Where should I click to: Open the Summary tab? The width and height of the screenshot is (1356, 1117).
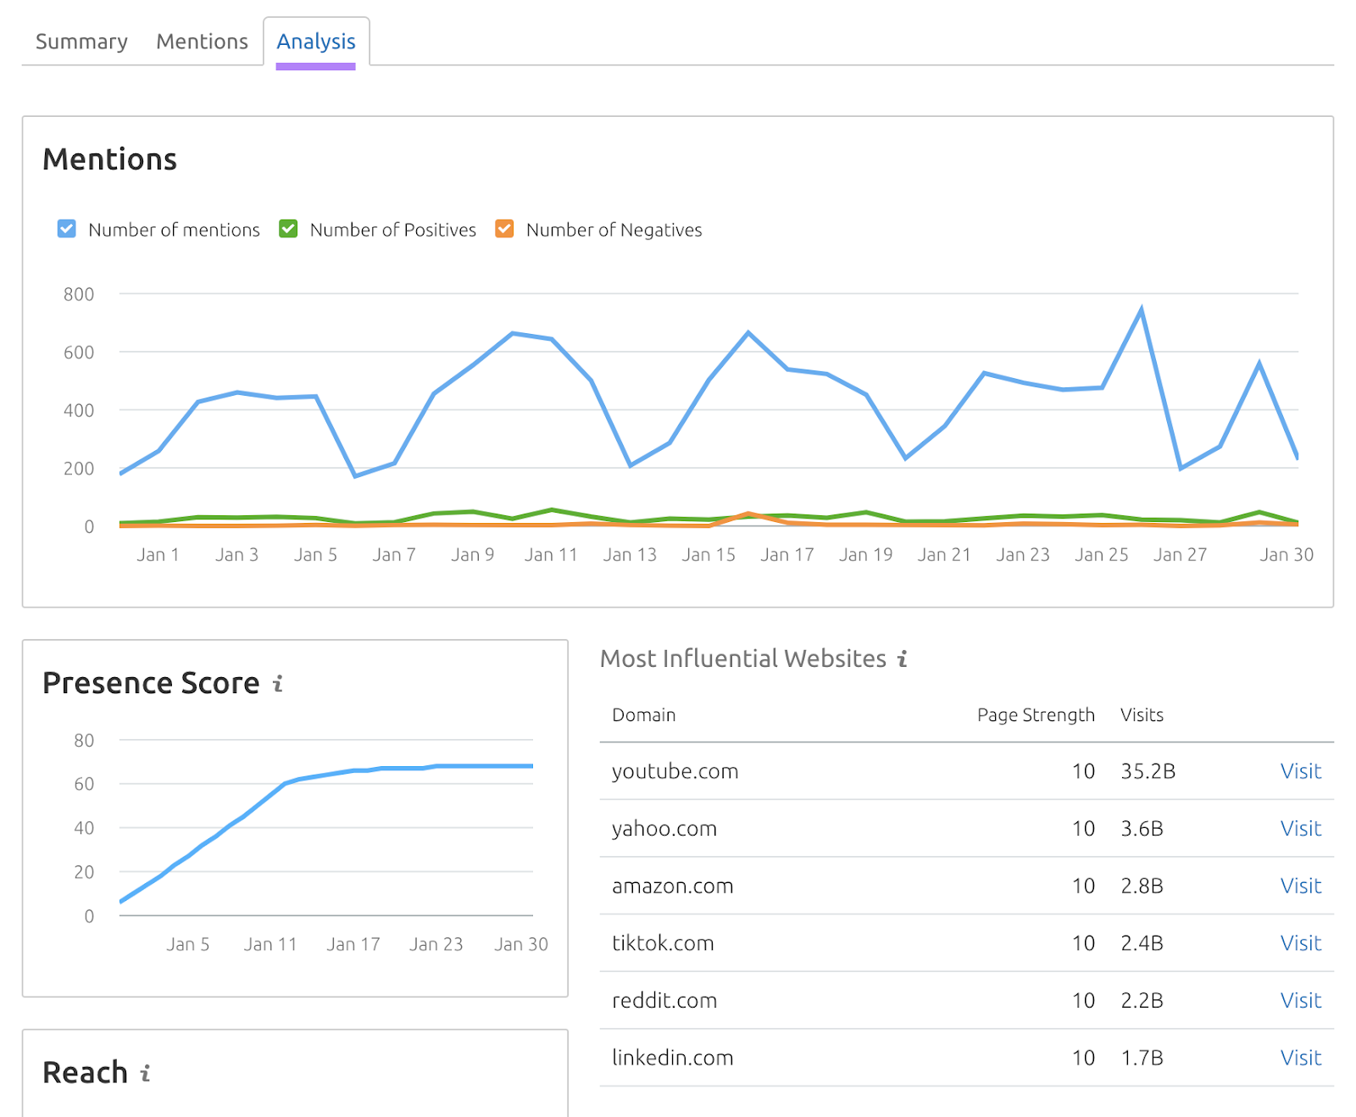tap(81, 42)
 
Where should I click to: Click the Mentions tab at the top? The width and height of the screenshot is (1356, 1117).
tap(202, 42)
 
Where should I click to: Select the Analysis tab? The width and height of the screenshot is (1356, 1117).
tap(315, 42)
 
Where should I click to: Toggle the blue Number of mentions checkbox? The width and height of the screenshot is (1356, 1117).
tap(67, 229)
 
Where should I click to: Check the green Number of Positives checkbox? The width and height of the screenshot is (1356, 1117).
tap(288, 229)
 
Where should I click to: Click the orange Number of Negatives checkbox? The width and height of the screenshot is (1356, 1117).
tap(504, 229)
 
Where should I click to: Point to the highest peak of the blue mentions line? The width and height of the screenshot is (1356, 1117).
tap(1142, 309)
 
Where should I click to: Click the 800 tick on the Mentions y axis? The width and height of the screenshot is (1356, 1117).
tap(79, 294)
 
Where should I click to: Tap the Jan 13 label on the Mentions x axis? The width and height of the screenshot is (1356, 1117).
tap(630, 554)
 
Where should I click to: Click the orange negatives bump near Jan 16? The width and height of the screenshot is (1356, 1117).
tap(748, 514)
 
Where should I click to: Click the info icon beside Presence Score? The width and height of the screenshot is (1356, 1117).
tap(278, 683)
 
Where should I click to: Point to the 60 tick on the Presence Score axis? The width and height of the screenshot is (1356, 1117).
tap(84, 784)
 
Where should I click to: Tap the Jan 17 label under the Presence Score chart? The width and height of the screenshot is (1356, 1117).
tap(353, 944)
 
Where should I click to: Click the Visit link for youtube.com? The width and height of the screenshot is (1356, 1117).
tap(1300, 771)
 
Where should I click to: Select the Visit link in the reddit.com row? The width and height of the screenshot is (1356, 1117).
tap(1300, 1000)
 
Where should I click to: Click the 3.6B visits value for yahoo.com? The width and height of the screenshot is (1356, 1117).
tap(1142, 828)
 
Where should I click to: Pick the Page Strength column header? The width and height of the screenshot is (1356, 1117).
tap(1035, 714)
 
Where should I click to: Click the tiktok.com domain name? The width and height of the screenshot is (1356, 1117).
tap(663, 943)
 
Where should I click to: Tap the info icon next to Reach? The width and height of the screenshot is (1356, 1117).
tap(146, 1073)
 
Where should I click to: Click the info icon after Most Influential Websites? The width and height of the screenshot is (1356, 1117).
tap(903, 659)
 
